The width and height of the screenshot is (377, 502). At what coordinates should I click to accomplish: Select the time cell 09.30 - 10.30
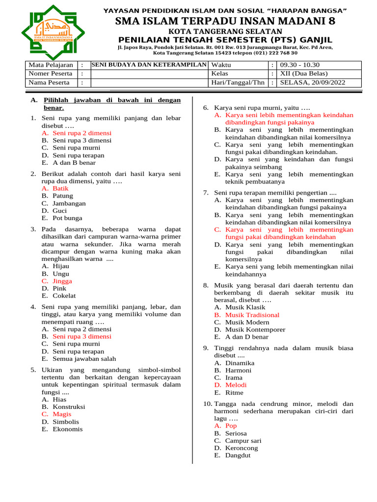[x=299, y=65]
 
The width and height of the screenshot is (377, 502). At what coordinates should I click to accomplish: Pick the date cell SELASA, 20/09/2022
[x=312, y=82]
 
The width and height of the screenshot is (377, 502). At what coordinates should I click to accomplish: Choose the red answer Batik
[x=60, y=188]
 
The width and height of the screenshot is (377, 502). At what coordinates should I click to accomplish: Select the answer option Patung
[x=63, y=196]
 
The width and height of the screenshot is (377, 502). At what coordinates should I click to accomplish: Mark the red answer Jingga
[x=62, y=281]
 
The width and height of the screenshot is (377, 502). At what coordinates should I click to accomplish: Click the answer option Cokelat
[x=64, y=296]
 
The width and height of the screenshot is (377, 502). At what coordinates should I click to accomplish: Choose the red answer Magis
[x=62, y=414]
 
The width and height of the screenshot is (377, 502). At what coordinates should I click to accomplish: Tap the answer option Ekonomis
[x=68, y=429]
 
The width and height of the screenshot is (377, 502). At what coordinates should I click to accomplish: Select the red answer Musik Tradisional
[x=252, y=315]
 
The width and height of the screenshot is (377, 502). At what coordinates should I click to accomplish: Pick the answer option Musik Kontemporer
[x=255, y=329]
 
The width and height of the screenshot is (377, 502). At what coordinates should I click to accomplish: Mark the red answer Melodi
[x=236, y=385]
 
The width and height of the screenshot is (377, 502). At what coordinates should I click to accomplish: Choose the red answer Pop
[x=231, y=426]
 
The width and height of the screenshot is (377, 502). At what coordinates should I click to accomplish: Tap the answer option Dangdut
[x=238, y=455]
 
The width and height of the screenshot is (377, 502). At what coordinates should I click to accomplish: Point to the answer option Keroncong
[x=241, y=448]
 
